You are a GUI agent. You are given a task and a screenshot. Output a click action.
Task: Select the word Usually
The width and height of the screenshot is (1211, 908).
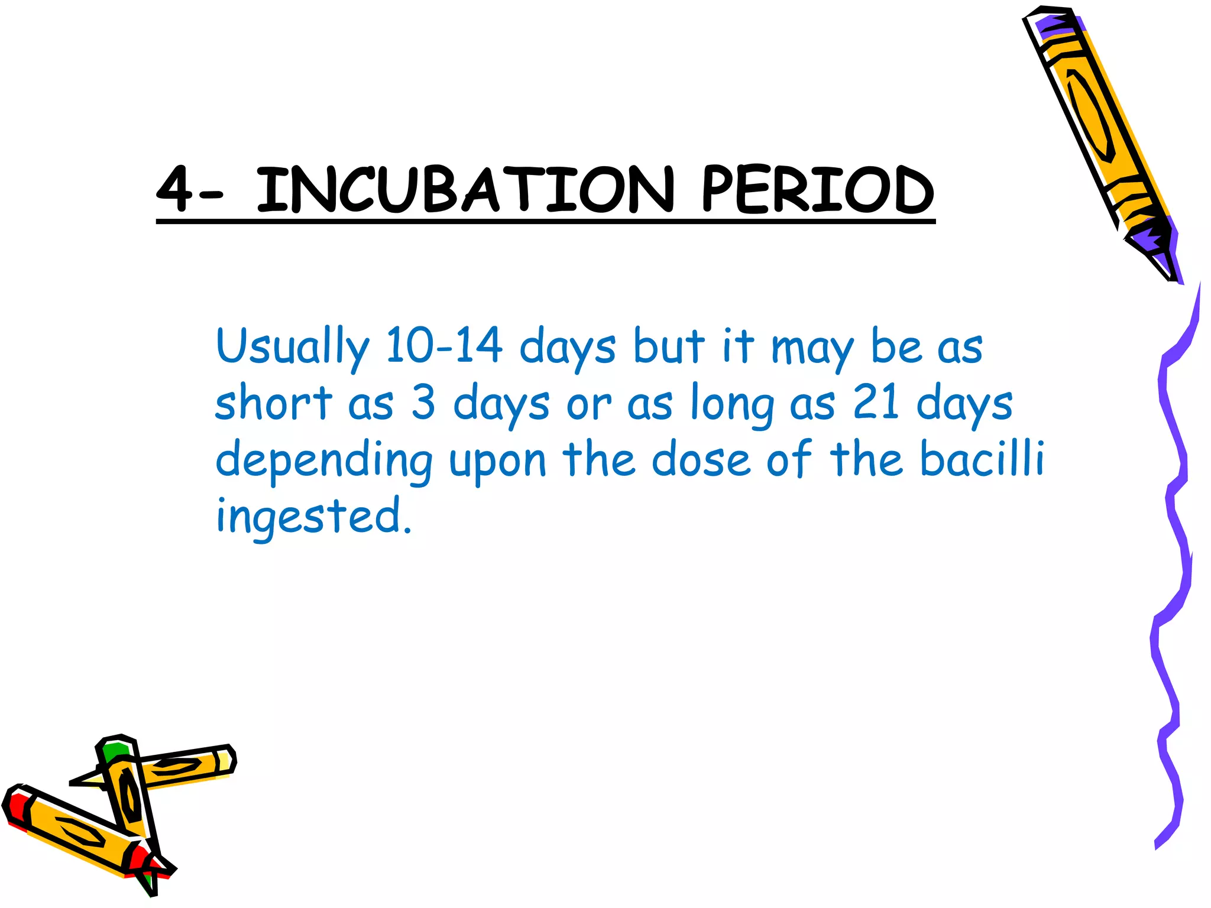coord(293,347)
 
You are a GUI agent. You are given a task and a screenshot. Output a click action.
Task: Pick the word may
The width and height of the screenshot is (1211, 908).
coord(812,349)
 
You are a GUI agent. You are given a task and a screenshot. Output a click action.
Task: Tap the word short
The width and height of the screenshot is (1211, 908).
coord(273,403)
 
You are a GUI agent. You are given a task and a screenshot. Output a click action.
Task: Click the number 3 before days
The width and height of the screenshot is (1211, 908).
coord(423,403)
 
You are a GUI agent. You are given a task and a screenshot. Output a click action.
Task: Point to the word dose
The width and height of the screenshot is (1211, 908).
coord(701,459)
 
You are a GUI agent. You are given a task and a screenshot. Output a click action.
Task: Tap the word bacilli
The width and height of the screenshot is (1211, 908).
coord(982,458)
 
